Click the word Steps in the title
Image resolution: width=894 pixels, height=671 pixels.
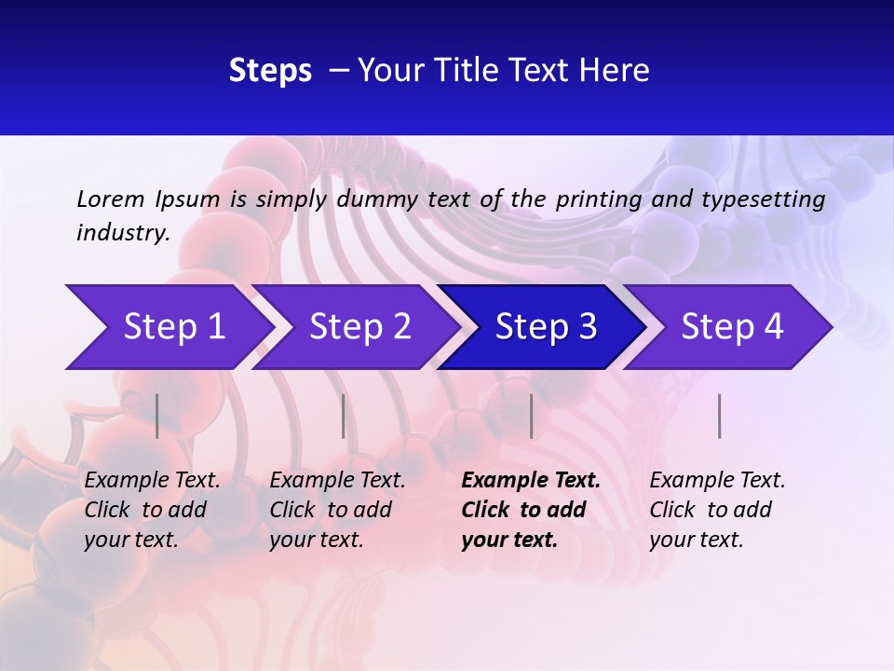coord(270,71)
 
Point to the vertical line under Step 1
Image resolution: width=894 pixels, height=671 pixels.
coord(157,417)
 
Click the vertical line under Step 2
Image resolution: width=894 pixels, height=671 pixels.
coord(344,417)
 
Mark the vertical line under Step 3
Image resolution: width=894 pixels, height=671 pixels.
coord(532,417)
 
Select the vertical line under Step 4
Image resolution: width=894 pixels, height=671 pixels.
coord(720,417)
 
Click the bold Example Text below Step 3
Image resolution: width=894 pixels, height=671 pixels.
coord(531,481)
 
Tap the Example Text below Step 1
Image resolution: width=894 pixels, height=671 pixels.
coord(152,481)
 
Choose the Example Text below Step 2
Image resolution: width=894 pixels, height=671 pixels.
coord(337,481)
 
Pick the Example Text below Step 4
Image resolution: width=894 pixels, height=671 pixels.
coord(717,481)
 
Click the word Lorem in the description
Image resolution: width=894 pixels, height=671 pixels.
coord(111,199)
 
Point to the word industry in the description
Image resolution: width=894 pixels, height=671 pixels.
coord(122,232)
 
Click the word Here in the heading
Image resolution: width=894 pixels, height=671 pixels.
coord(616,71)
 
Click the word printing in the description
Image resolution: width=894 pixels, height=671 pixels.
coord(599,199)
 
